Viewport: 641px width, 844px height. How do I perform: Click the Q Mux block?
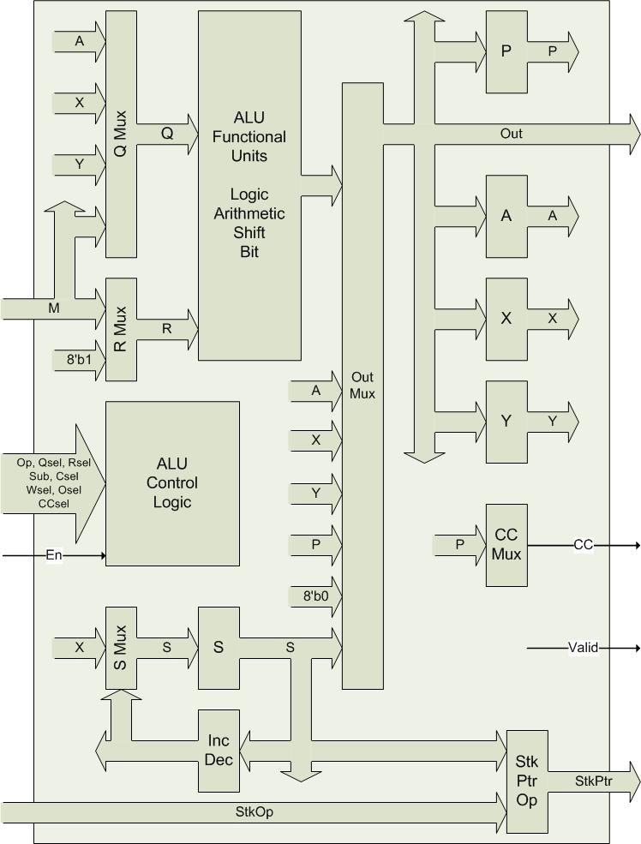point(121,134)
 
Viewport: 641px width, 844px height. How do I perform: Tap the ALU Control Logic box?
point(171,483)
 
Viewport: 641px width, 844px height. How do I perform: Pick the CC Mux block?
point(506,545)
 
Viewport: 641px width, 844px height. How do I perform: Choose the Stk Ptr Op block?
point(527,781)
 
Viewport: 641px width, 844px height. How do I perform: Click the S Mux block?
point(121,647)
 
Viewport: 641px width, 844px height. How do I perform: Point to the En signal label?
point(54,555)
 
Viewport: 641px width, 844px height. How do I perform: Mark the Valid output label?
point(583,648)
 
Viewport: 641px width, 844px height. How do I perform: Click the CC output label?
point(583,545)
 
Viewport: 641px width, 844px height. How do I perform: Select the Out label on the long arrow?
point(512,134)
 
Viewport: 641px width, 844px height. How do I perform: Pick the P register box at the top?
point(506,51)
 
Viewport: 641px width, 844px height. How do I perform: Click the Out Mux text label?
point(362,386)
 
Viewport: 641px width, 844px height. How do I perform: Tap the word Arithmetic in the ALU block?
point(249,212)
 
